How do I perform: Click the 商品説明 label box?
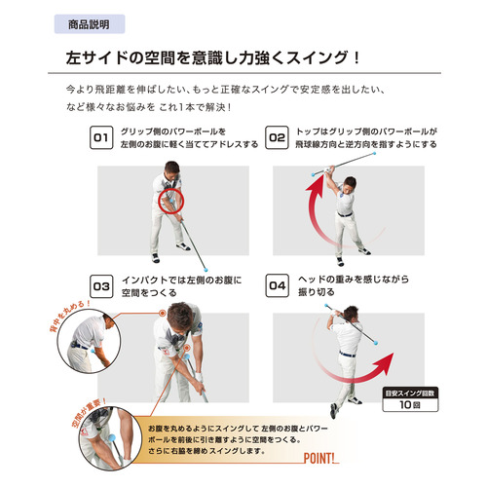90,24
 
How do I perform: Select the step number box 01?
101,137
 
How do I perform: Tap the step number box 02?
277,137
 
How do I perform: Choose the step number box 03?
101,286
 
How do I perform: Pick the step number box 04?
277,285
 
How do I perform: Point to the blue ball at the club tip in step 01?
206,269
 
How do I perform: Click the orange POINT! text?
319,458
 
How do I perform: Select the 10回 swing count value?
410,404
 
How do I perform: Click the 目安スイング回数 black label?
410,393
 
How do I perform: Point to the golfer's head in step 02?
350,183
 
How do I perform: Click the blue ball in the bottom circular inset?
112,438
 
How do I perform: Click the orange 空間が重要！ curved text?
87,412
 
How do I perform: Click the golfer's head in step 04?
351,314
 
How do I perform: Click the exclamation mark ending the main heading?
356,57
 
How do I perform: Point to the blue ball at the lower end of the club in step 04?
376,343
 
